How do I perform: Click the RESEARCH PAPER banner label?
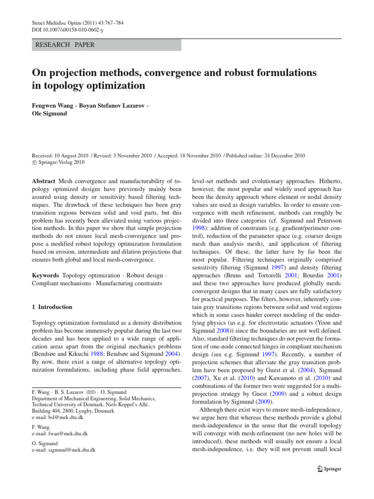click(63, 45)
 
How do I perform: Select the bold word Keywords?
click(46, 275)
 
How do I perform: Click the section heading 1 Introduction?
click(52, 307)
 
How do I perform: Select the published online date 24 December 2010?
click(280, 155)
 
